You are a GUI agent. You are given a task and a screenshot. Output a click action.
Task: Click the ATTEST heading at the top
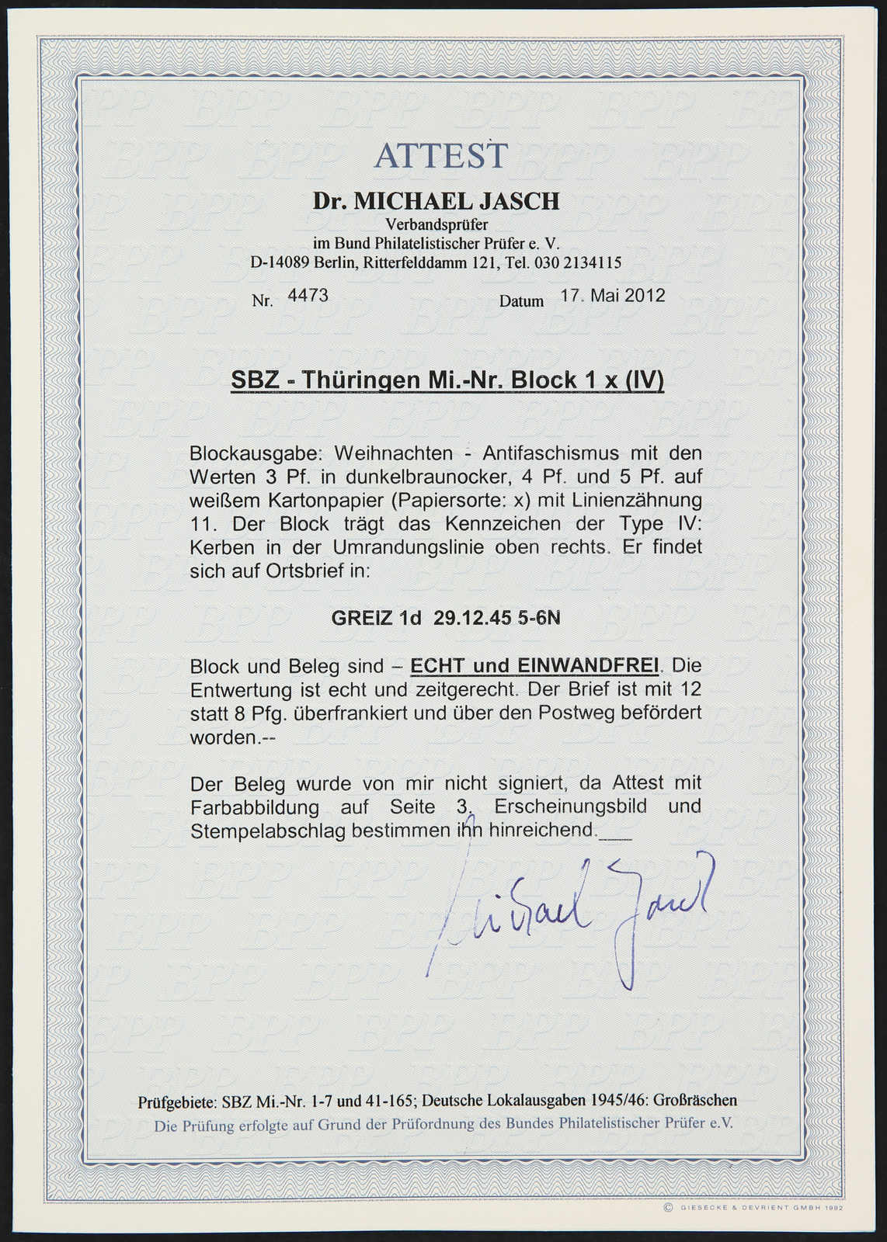[440, 156]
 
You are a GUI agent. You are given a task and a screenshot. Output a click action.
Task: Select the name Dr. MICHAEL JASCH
[436, 202]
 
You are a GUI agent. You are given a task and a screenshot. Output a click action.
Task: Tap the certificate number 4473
[308, 295]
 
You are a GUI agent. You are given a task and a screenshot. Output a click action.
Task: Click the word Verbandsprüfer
[437, 225]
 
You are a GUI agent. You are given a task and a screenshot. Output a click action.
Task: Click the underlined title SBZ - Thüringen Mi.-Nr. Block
[447, 381]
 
